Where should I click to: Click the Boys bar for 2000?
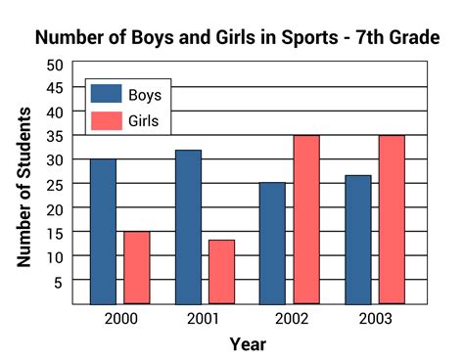tap(103, 231)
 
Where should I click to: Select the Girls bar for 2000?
tap(137, 267)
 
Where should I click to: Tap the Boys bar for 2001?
tap(188, 226)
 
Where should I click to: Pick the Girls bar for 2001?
tap(222, 271)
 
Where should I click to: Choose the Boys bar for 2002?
tap(272, 243)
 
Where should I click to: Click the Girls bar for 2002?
tap(306, 219)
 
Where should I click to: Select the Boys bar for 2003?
tap(357, 239)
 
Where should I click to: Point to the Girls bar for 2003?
tap(392, 219)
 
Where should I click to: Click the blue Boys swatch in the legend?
tap(106, 95)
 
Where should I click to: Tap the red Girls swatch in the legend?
tap(106, 120)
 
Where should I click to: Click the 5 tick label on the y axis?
tap(58, 280)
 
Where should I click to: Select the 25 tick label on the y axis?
tap(54, 184)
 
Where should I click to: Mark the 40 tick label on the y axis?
tap(54, 112)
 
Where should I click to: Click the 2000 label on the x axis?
tap(120, 319)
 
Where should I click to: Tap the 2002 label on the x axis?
tap(290, 319)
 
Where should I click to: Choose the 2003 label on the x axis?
tap(375, 319)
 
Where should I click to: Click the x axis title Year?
tap(248, 343)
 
